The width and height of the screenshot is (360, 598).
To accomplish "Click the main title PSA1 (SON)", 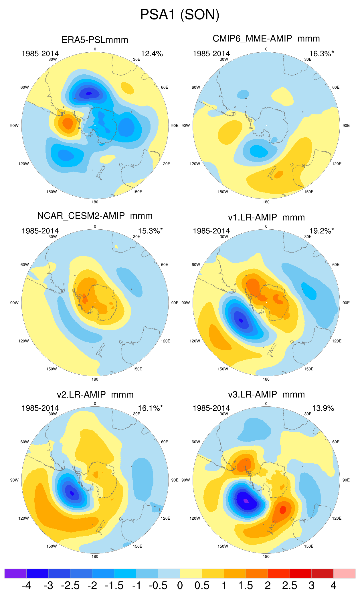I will point(180,15).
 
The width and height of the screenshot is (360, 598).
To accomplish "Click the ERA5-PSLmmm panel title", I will point(95,40).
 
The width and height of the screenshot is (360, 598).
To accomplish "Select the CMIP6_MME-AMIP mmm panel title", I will point(266,39).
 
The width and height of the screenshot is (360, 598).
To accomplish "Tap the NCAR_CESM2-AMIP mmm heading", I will point(95,216).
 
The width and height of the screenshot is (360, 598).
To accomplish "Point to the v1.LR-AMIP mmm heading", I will point(266,217).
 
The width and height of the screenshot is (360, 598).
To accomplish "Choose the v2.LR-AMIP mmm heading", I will point(95,395).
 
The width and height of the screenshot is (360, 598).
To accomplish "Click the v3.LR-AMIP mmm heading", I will point(266,395).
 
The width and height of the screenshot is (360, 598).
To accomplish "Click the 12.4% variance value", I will point(152,54).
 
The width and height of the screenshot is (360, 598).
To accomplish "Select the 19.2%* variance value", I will point(321,231).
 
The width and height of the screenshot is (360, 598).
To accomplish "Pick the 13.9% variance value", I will point(323,408).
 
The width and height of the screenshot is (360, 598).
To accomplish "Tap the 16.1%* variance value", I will point(150,408).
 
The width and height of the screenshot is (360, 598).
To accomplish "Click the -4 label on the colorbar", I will point(26,586).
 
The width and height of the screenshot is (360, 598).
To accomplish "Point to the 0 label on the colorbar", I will point(180,586).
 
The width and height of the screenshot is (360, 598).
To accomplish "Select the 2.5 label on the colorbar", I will point(289,586).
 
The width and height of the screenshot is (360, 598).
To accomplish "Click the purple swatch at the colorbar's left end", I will point(15,573).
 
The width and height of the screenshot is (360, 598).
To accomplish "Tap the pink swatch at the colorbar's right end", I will point(344,573).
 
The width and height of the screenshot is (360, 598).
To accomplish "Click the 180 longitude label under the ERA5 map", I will point(95,202).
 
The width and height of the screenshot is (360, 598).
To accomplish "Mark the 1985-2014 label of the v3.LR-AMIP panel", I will point(211,408).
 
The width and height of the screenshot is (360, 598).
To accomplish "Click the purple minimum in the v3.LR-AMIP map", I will point(246,501).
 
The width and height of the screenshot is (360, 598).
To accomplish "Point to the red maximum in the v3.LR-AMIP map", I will point(282,509).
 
